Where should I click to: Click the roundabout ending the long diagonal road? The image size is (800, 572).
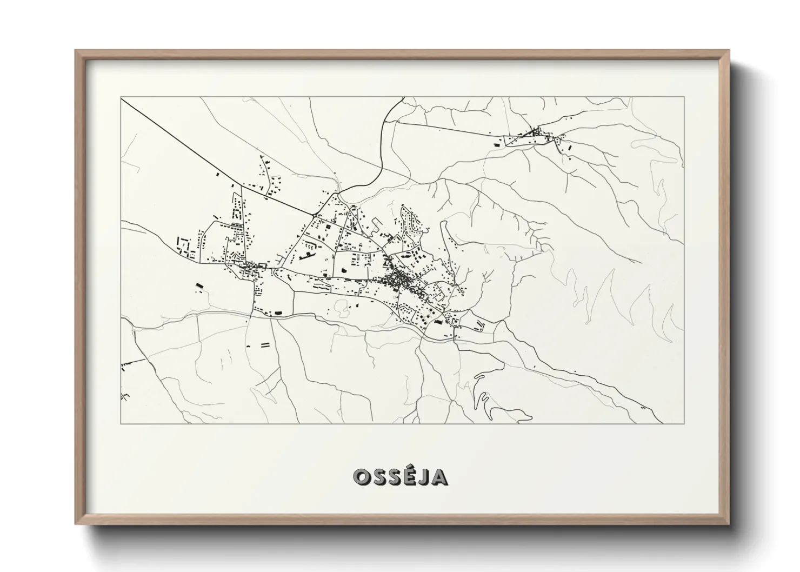314,215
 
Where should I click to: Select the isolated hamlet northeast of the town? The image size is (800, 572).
535,135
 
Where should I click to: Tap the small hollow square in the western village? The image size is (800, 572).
263,265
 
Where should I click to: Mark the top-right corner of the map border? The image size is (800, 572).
684,97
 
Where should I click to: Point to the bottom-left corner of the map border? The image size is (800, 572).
121,423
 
